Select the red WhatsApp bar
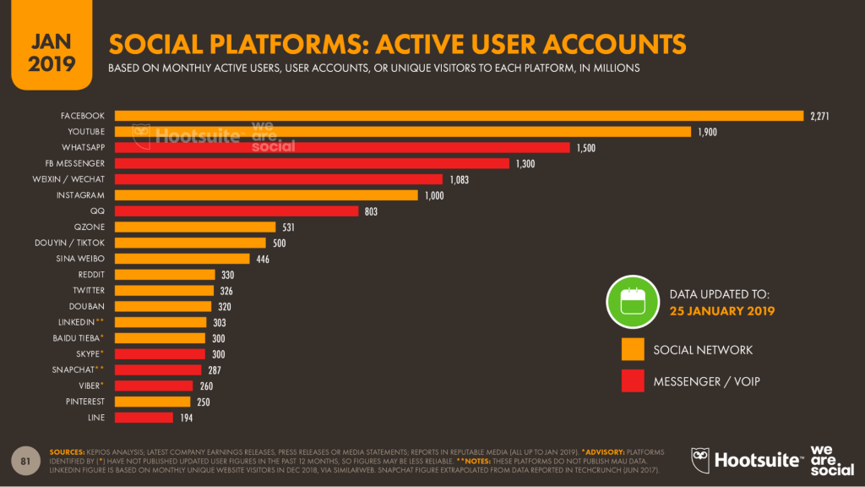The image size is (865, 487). (342, 148)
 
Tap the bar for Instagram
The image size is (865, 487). (266, 195)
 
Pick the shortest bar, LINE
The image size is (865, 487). (144, 418)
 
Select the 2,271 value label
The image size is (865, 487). (819, 116)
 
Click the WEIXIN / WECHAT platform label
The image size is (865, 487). (74, 179)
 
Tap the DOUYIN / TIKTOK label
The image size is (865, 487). (73, 243)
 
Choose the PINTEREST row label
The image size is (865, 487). (84, 402)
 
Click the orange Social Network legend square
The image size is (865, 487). (633, 349)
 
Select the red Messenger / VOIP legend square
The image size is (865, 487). (633, 381)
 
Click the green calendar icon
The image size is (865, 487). (632, 303)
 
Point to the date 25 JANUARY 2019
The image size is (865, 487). (722, 311)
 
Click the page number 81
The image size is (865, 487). (26, 460)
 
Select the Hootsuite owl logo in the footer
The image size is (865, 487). (701, 459)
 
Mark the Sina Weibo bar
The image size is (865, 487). (182, 259)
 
